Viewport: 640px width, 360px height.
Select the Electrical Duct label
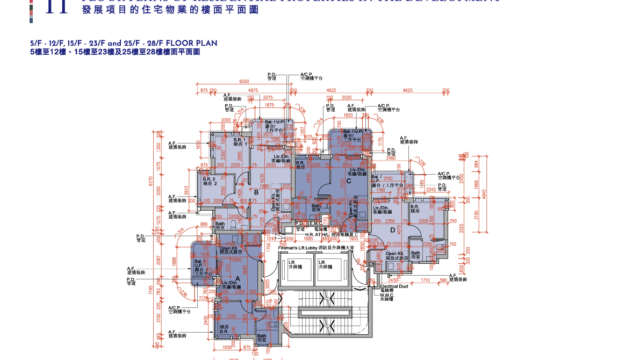coord(397,285)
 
